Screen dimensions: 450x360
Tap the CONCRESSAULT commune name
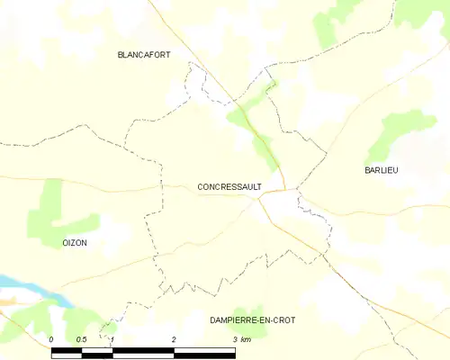[x=229, y=187]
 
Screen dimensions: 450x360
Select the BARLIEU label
[x=382, y=170]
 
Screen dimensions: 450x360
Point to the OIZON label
[x=75, y=244]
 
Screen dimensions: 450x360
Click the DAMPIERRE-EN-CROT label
[x=252, y=319]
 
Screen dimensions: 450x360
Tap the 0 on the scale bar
[x=51, y=339]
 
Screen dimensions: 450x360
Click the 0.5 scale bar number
[x=81, y=339]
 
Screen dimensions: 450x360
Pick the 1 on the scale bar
[x=112, y=339]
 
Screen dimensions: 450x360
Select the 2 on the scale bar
[x=174, y=339]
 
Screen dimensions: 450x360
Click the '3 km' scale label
[x=241, y=339]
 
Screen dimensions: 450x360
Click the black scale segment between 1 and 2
[x=143, y=351]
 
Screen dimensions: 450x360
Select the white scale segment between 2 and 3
[x=204, y=351]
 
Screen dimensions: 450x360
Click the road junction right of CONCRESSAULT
[x=285, y=191]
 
